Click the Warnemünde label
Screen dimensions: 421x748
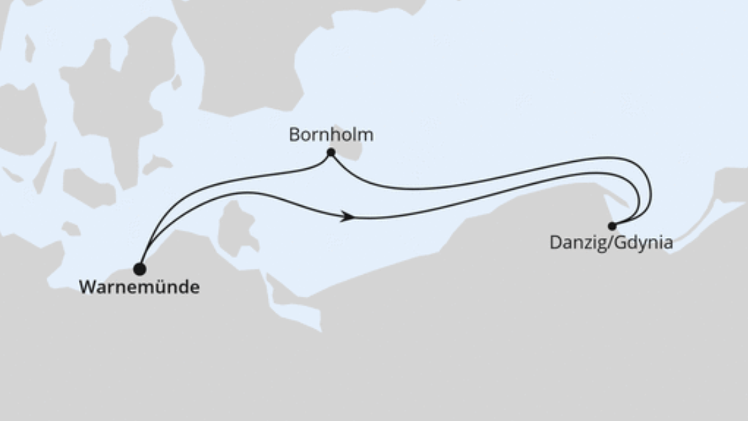(139, 287)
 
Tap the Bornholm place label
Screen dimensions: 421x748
(331, 135)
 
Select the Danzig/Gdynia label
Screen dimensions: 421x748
(610, 243)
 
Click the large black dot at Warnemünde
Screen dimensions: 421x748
(139, 269)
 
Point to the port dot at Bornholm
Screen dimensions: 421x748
(331, 152)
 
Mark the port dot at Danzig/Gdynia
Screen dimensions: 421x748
(612, 226)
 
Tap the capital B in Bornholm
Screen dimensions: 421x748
(294, 135)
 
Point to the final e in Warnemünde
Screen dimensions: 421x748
(194, 288)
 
